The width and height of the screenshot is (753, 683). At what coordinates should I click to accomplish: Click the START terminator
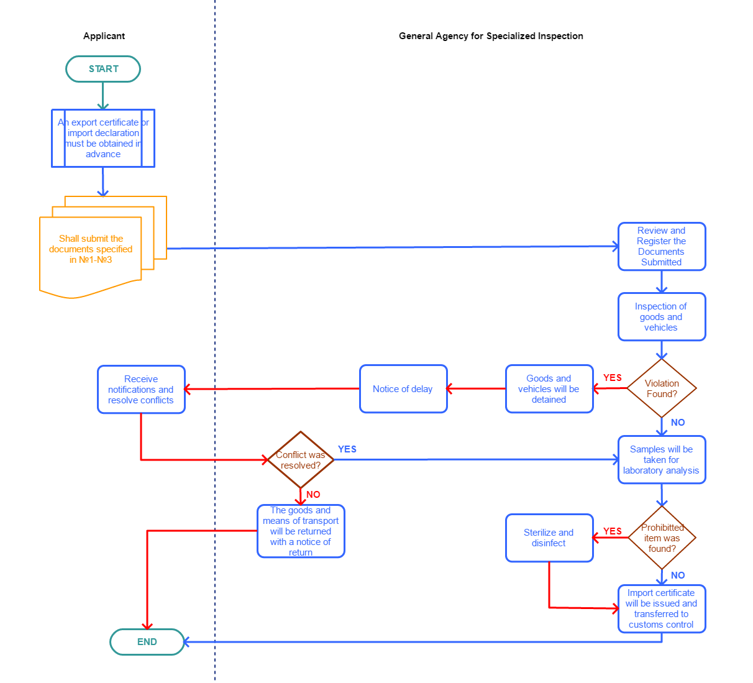[x=103, y=69]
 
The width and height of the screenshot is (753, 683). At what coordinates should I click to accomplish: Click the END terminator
[x=147, y=642]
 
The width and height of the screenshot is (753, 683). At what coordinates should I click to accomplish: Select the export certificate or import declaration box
[x=103, y=138]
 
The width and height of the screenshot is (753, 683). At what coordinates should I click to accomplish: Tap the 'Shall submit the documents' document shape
[x=91, y=252]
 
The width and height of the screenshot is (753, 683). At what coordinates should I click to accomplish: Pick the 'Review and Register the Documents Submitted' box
[x=662, y=247]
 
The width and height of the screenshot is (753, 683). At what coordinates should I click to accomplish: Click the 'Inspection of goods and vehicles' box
[x=662, y=317]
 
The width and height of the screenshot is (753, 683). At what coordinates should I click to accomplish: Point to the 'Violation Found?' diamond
[x=662, y=388]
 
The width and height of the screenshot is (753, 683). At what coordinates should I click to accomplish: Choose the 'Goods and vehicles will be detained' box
[x=549, y=389]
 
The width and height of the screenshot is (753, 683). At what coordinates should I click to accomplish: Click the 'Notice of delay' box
[x=403, y=389]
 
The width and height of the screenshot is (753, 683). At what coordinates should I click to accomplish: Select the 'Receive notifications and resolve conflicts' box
[x=141, y=390]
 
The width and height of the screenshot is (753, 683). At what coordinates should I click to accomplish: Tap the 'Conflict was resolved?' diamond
[x=301, y=460]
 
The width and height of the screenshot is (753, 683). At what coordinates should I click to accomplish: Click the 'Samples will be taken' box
[x=662, y=460]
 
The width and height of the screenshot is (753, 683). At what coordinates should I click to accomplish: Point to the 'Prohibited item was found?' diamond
[x=662, y=538]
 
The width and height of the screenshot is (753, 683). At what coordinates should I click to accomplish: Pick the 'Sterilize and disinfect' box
[x=549, y=538]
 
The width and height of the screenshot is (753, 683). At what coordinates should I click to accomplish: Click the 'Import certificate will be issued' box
[x=662, y=609]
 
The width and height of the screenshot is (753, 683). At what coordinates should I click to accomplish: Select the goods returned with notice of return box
[x=301, y=531]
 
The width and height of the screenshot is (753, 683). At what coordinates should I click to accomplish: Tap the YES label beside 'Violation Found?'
[x=613, y=378]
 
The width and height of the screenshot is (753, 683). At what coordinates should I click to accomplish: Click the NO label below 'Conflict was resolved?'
[x=314, y=495]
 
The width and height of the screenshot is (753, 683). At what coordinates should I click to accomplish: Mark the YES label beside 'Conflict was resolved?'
[x=347, y=449]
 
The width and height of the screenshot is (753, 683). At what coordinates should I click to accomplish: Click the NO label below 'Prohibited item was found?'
[x=678, y=575]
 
